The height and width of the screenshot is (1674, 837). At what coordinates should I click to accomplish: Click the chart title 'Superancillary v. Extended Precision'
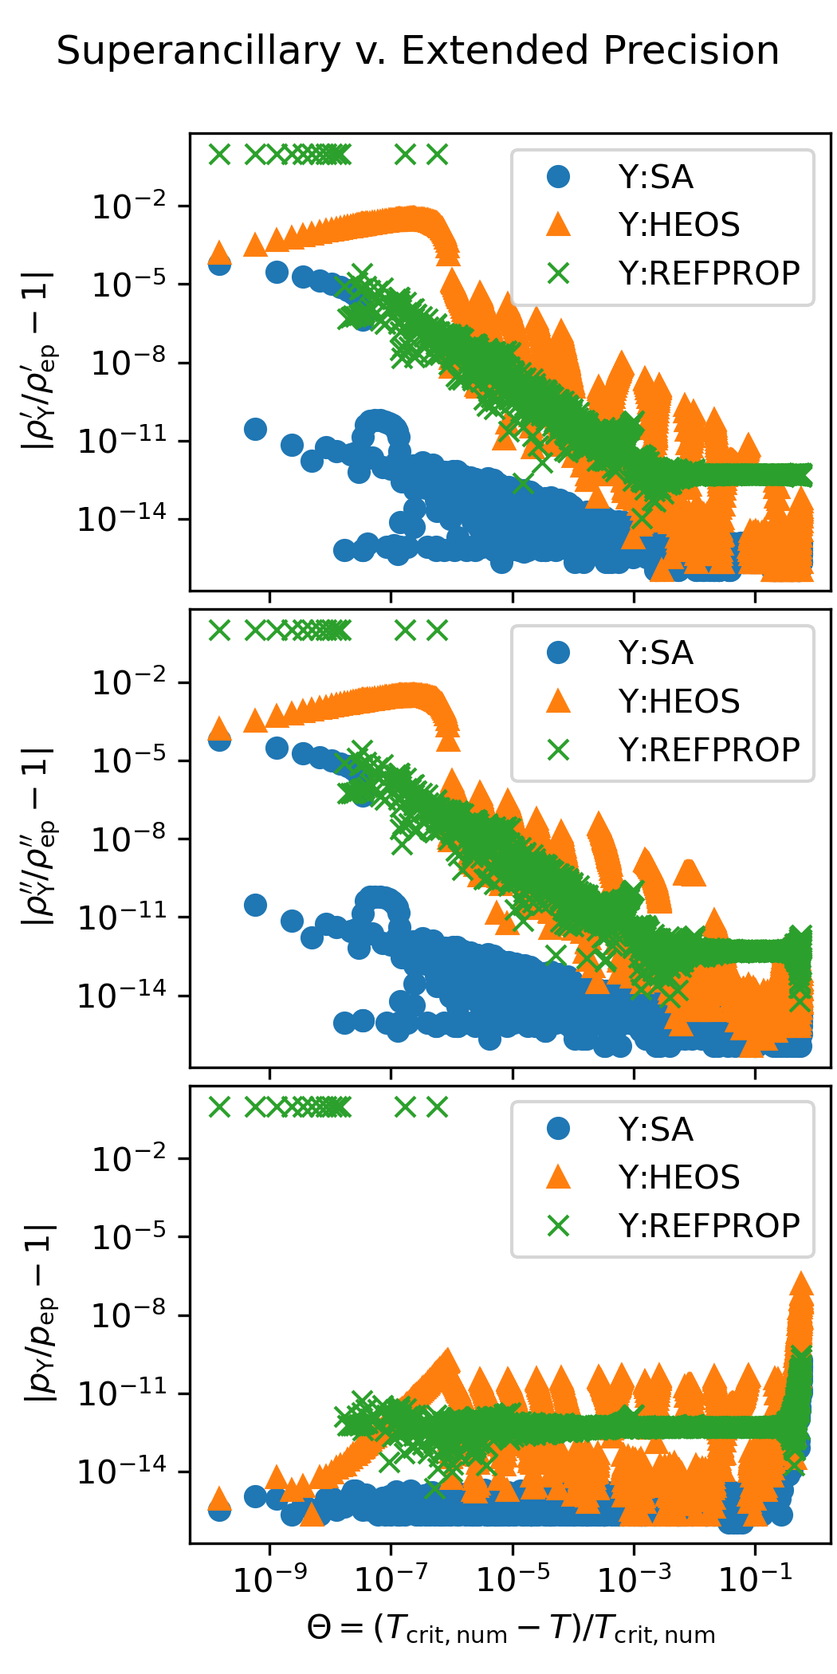[x=418, y=51]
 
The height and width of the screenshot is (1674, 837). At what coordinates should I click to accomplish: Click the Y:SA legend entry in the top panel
[x=655, y=177]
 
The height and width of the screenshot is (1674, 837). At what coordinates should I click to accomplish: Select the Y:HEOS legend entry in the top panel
[x=678, y=225]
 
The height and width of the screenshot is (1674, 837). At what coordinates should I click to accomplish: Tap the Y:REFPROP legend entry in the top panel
[x=708, y=273]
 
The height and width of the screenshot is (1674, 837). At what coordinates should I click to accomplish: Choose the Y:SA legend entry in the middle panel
[x=655, y=654]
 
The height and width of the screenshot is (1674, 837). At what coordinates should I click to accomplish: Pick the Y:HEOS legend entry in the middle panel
[x=678, y=701]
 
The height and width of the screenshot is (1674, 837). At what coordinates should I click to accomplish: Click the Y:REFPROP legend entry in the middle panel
[x=708, y=750]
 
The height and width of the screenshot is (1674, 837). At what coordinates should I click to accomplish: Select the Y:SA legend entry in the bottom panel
[x=655, y=1130]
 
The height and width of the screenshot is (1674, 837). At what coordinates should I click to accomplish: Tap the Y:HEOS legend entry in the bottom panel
[x=678, y=1177]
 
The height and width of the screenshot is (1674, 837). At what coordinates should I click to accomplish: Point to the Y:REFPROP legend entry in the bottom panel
[x=708, y=1226]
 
